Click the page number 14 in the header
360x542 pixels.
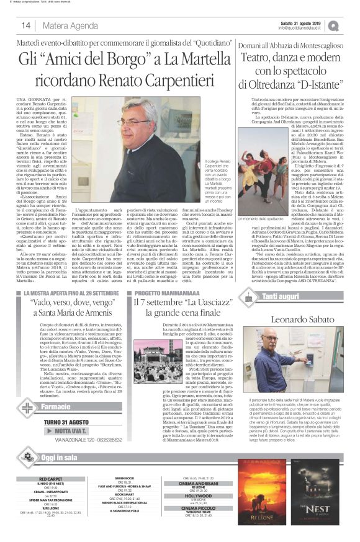coord(26,26)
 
